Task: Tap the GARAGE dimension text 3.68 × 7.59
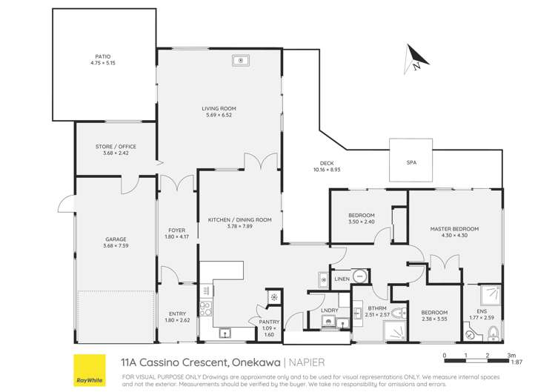tap(116, 246)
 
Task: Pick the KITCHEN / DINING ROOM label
tap(239, 220)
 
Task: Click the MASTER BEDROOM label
tap(454, 229)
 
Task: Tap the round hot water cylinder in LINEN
tap(359, 276)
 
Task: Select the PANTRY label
tap(268, 321)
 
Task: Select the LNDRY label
tap(328, 310)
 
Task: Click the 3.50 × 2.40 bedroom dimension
tap(362, 222)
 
